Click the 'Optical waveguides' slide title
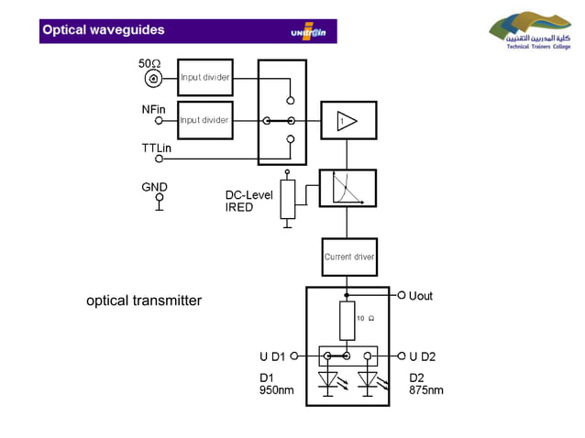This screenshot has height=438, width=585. [103, 30]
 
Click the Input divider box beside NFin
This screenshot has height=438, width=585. [204, 120]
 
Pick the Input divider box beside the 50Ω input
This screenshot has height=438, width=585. [204, 77]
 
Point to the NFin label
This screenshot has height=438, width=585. [153, 108]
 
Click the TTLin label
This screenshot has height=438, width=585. [157, 147]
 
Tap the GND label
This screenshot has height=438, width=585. [154, 187]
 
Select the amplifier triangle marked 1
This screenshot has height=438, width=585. [346, 121]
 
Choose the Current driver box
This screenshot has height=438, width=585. [348, 257]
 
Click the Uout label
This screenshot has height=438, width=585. [421, 296]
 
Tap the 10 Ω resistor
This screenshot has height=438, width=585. [347, 320]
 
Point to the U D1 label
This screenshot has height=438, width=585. [272, 356]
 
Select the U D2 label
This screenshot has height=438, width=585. [423, 356]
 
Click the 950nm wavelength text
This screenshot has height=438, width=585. [277, 390]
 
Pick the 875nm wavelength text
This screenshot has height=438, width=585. [425, 390]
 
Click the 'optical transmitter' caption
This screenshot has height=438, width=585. [144, 301]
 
